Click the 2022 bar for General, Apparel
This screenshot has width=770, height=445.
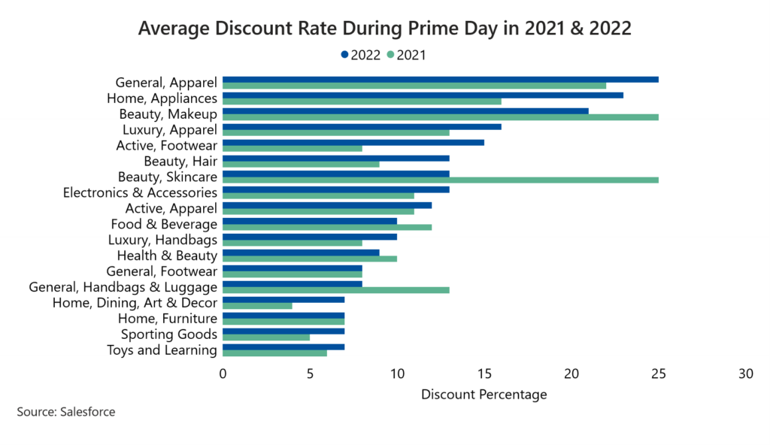click(x=441, y=79)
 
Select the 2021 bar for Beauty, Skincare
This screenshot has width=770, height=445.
click(x=441, y=180)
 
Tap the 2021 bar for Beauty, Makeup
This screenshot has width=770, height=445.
click(x=441, y=117)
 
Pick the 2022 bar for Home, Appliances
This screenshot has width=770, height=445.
click(x=423, y=95)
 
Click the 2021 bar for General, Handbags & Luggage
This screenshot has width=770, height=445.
click(x=336, y=289)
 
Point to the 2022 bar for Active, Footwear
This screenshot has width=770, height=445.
click(x=353, y=142)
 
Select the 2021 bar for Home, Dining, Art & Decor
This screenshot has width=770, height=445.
click(x=257, y=306)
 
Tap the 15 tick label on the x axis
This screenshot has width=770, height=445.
click(x=484, y=374)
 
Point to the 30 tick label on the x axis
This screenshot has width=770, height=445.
click(x=746, y=374)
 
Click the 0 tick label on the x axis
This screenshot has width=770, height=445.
click(x=223, y=374)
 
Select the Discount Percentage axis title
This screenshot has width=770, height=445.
click(x=484, y=394)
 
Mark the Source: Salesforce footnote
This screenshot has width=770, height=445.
click(x=66, y=412)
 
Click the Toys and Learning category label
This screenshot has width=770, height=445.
click(x=162, y=350)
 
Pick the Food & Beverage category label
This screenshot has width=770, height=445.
click(x=164, y=224)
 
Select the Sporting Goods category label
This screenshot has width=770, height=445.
click(x=169, y=335)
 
